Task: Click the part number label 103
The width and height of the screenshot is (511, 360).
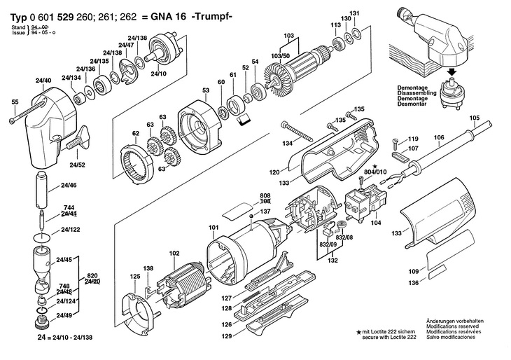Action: coord(288,35)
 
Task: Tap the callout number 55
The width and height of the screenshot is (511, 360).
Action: coord(15,102)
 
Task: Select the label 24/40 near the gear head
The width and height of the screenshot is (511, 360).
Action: coord(43,82)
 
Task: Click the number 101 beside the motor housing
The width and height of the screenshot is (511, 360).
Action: coord(213,227)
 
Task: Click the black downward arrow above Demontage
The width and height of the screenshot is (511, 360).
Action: coord(452,71)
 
